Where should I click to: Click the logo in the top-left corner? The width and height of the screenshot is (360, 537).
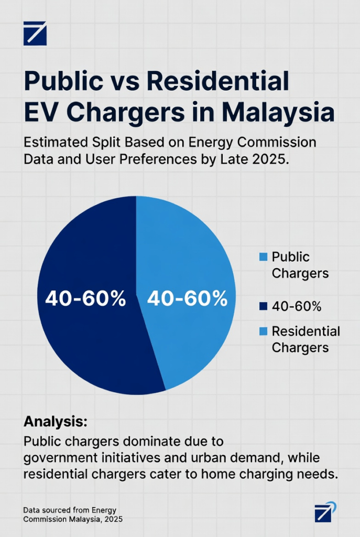[35, 33]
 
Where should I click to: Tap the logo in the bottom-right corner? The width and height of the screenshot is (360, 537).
[325, 512]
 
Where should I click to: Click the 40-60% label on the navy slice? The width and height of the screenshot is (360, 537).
[85, 298]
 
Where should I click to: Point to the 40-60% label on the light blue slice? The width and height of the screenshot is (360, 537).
[187, 298]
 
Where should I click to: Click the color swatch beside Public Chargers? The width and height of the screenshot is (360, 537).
[263, 257]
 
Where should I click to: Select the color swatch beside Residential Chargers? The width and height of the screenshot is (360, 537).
[263, 331]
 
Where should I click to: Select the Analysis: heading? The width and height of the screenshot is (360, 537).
[55, 422]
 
